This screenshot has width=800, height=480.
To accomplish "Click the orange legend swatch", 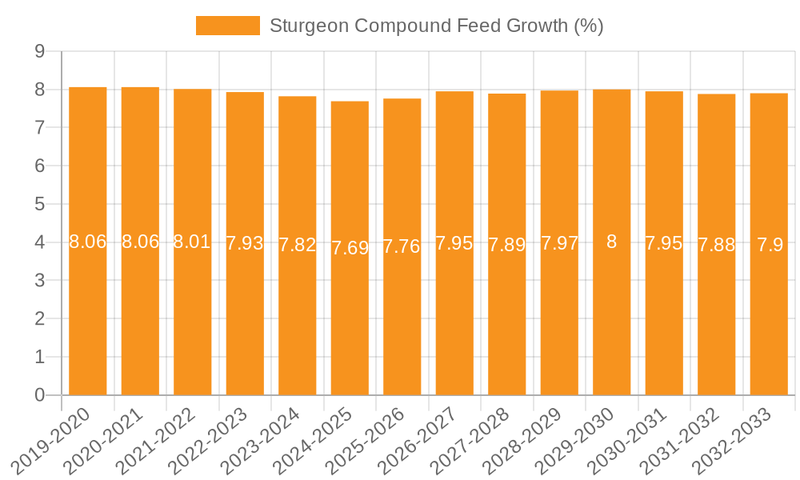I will [x=228, y=26].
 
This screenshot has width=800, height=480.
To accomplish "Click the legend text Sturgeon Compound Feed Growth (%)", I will [x=436, y=26].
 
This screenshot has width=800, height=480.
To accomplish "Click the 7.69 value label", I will [x=350, y=248].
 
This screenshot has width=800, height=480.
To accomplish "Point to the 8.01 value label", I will [x=192, y=242].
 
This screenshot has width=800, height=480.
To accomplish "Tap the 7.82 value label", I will [x=298, y=246].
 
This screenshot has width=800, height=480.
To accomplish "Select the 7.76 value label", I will [x=402, y=246].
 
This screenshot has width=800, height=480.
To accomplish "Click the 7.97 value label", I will [x=559, y=243].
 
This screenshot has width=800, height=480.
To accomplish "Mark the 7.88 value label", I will [x=716, y=245].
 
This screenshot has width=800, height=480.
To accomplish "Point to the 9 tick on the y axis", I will [x=39, y=51].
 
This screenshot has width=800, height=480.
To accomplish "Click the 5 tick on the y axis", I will [x=39, y=204].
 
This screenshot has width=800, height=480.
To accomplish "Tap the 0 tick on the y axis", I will [x=39, y=395].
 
